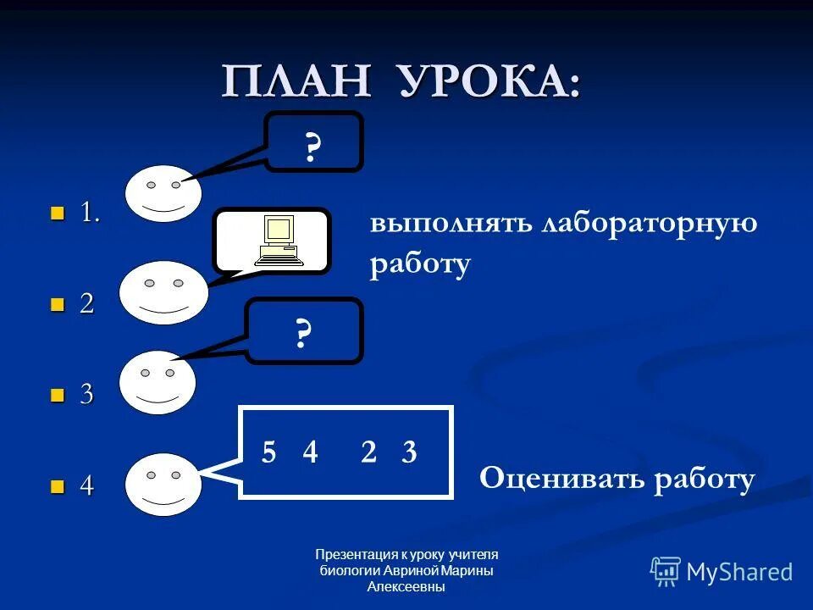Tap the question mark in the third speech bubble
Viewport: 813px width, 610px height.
click(303, 335)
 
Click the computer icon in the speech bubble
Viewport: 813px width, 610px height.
click(279, 241)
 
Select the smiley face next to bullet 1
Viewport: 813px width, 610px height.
click(163, 194)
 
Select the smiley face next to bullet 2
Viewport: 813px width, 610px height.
click(163, 292)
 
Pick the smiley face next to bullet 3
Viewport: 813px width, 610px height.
click(158, 382)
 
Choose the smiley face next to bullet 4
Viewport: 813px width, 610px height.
click(163, 484)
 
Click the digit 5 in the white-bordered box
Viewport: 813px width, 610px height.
click(268, 453)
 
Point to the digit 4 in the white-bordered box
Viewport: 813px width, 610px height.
click(310, 453)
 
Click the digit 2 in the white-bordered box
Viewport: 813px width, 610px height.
click(368, 453)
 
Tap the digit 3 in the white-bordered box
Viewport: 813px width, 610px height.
click(409, 453)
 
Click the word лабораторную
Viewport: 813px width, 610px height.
click(649, 225)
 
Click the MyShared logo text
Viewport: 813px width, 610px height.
click(739, 572)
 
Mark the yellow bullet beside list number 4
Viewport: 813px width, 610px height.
click(58, 486)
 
